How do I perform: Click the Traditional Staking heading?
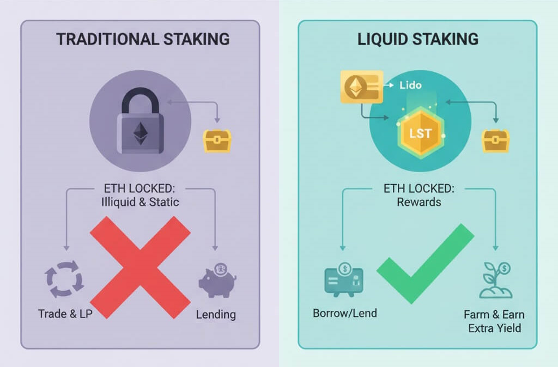pos(143,40)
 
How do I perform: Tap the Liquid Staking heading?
pos(418,40)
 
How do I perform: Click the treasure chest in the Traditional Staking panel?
pos(217,141)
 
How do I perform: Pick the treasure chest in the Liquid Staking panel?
pos(496,141)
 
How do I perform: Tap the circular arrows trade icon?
pos(64,280)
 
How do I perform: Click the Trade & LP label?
pos(65,314)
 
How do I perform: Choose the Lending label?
pos(216,314)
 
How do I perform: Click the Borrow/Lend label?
pos(345,314)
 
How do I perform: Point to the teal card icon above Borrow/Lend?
pos(344,280)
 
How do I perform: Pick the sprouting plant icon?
pos(495,280)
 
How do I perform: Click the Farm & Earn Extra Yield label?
pos(494,321)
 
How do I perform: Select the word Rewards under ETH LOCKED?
pos(418,202)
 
